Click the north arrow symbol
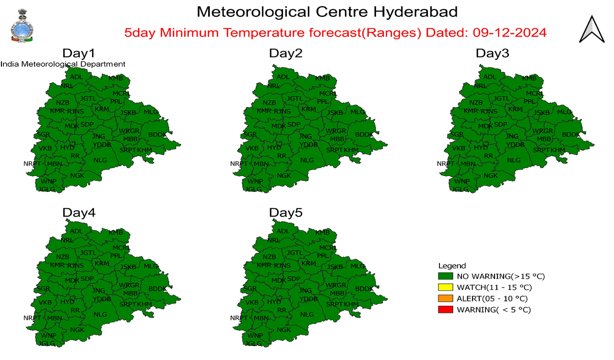click(591, 30)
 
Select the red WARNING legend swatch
click(446, 310)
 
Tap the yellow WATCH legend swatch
click(446, 288)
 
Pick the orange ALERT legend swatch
click(446, 299)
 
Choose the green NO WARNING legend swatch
click(446, 276)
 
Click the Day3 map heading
click(492, 53)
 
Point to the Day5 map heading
click(285, 213)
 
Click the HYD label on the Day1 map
click(67, 148)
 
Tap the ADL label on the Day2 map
click(283, 77)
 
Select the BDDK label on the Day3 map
click(571, 135)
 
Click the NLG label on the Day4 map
click(100, 314)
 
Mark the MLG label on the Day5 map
click(357, 266)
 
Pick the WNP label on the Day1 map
click(48, 181)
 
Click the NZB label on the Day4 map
click(63, 257)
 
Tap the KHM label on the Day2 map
click(351, 150)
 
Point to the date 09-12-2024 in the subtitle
click(509, 33)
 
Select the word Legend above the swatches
click(452, 265)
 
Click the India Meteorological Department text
click(63, 64)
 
